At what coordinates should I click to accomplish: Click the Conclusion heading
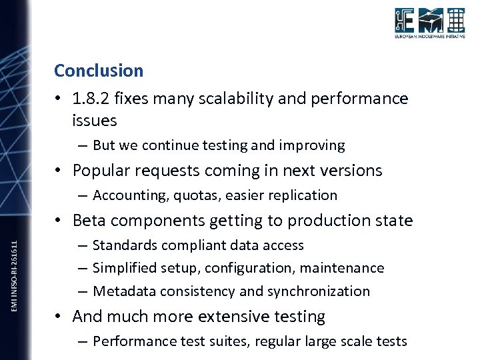99,71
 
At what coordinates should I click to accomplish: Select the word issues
95,121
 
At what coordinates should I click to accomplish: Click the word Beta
89,221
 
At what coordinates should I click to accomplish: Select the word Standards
123,245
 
